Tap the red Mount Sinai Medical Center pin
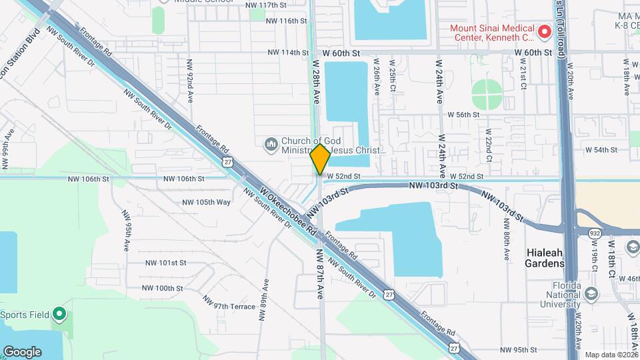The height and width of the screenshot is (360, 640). coord(544,31)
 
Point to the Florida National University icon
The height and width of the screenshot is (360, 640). coord(591,293)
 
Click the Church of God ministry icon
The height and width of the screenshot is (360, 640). coord(271,145)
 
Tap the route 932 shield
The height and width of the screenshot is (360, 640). coord(595,232)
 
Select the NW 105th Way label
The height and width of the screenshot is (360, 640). coord(206,202)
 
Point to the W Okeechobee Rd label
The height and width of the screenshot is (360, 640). coord(287,213)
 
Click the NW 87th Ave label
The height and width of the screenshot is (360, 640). coord(320,273)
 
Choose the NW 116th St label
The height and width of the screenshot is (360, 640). coord(287,21)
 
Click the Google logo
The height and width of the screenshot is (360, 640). coord(22,351)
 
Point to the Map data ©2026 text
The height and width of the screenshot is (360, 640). coord(611,355)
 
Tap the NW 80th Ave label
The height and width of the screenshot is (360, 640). coord(507,245)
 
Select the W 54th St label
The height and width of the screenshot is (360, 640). coord(601,150)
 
